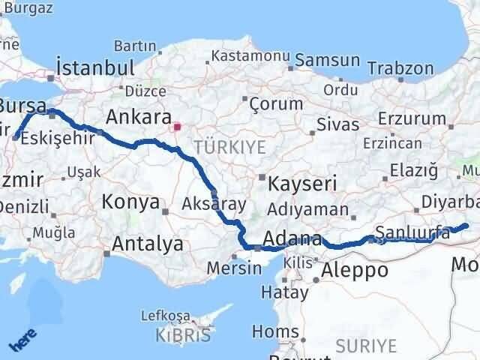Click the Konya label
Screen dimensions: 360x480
pos(130,202)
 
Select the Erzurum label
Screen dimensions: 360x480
pos(412,118)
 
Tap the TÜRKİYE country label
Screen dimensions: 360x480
pos(229,147)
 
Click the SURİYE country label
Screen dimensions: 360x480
pos(364,345)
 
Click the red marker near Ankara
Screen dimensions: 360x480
pos(177,127)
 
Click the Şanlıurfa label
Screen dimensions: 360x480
pos(412,233)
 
